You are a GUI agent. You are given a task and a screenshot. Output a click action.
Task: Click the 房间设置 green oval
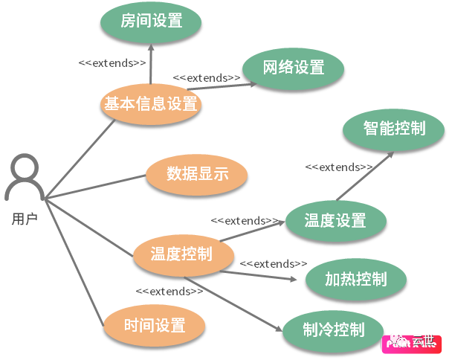151,21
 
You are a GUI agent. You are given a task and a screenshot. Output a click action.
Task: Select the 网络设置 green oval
294,68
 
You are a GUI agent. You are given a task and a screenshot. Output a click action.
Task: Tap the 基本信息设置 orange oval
151,104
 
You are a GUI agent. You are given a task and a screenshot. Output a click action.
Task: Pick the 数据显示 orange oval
197,175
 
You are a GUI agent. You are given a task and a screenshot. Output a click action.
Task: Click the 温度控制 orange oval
181,254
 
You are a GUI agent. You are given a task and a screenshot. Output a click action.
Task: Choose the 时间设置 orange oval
154,325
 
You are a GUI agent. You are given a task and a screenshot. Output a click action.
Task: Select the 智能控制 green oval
394,128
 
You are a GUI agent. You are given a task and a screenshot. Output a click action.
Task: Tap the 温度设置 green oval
335,220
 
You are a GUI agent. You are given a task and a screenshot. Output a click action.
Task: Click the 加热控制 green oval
356,279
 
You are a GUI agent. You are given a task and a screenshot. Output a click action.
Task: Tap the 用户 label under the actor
25,219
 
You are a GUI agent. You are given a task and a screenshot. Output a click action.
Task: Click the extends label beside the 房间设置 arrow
112,62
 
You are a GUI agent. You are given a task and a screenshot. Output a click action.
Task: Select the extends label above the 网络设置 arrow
207,77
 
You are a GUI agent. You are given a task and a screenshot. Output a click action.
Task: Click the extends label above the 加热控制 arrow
273,264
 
